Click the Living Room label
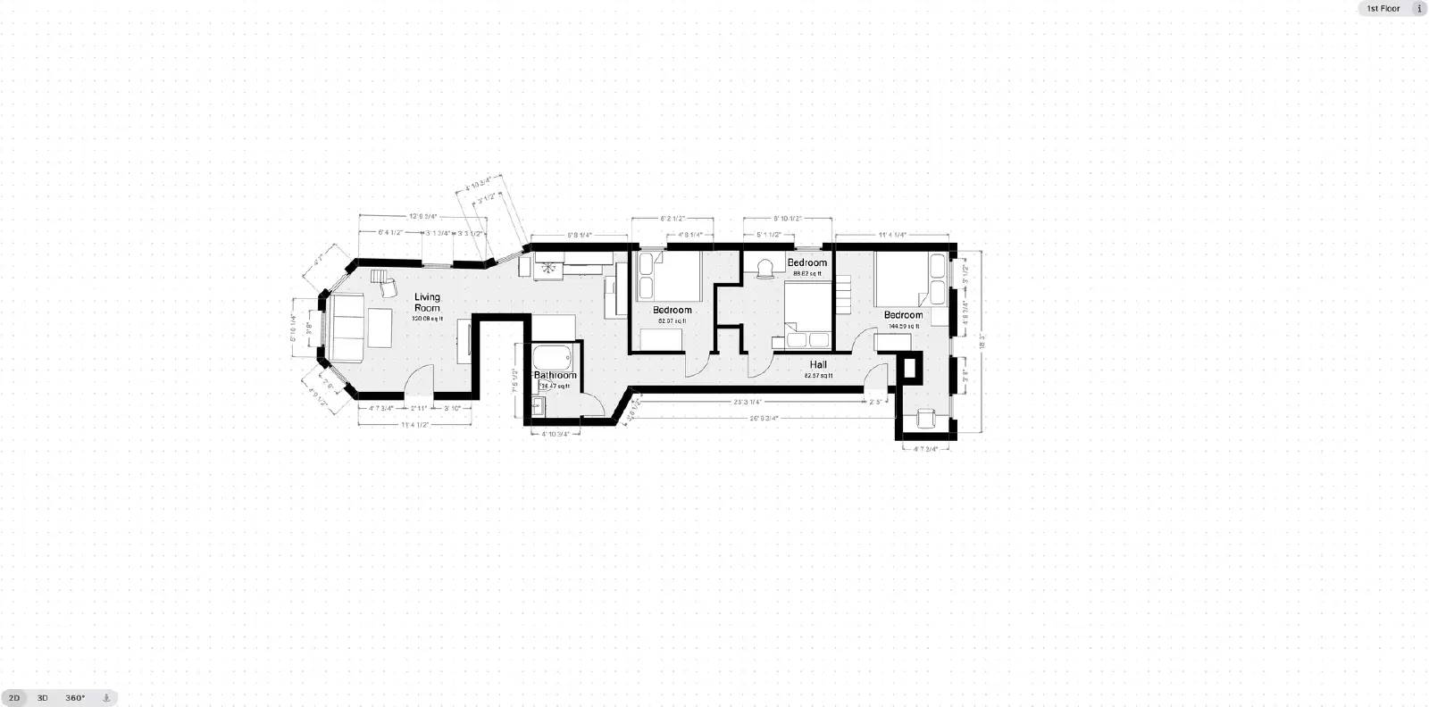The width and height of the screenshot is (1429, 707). pyautogui.click(x=427, y=302)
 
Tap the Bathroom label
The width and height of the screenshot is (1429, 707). pyautogui.click(x=555, y=376)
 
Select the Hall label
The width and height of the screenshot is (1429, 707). pyautogui.click(x=818, y=364)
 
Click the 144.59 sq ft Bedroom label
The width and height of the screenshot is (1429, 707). pyautogui.click(x=903, y=315)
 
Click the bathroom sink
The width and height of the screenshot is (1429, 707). pyautogui.click(x=538, y=406)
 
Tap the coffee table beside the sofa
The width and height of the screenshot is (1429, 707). pyautogui.click(x=380, y=328)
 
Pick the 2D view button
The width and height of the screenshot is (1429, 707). pyautogui.click(x=14, y=698)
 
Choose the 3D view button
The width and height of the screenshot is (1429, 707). pyautogui.click(x=42, y=698)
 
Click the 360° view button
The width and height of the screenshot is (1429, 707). pyautogui.click(x=75, y=698)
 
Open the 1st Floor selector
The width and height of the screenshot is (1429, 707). pyautogui.click(x=1383, y=8)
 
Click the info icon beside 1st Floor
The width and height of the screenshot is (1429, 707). pyautogui.click(x=1419, y=8)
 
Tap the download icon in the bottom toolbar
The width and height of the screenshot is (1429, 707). pyautogui.click(x=105, y=698)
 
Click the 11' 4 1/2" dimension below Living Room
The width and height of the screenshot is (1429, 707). pyautogui.click(x=415, y=425)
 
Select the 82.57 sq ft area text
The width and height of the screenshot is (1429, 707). pyautogui.click(x=818, y=376)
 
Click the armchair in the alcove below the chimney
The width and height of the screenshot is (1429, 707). pyautogui.click(x=924, y=418)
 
